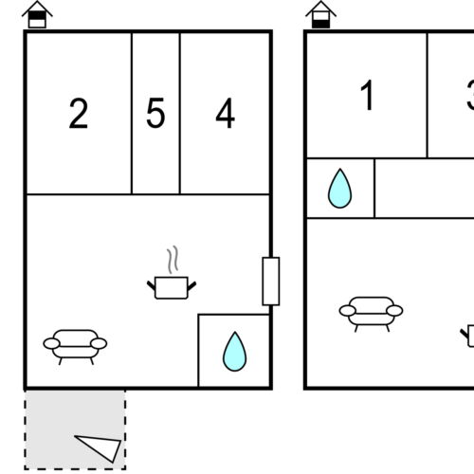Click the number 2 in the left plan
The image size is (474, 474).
pyautogui.click(x=79, y=114)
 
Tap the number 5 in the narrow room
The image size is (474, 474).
pyautogui.click(x=155, y=114)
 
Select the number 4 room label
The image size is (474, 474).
pyautogui.click(x=225, y=114)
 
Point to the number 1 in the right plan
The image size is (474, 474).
pyautogui.click(x=368, y=96)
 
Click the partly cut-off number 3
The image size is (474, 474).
pyautogui.click(x=469, y=96)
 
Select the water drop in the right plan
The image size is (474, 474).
pyautogui.click(x=339, y=189)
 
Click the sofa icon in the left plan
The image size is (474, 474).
pyautogui.click(x=75, y=345)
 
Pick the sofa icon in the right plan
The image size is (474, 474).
pyautogui.click(x=371, y=312)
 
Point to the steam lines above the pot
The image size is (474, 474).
pyautogui.click(x=172, y=260)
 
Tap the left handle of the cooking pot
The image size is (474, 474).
pyautogui.click(x=152, y=282)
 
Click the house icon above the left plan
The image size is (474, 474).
pyautogui.click(x=37, y=13)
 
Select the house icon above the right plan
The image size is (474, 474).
pyautogui.click(x=321, y=13)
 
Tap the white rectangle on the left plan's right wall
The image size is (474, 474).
pyautogui.click(x=271, y=281)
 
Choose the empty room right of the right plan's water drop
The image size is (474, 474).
pyautogui.click(x=424, y=188)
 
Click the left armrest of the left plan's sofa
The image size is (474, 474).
pyautogui.click(x=50, y=343)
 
